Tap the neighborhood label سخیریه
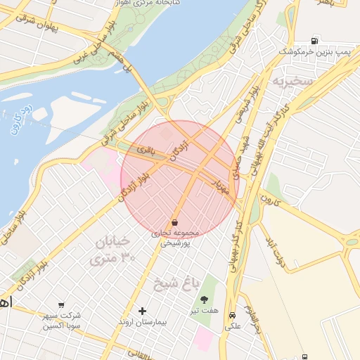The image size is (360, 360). tap(292, 80)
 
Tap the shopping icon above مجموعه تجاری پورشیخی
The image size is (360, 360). tap(174, 223)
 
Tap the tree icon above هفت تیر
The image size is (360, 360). tap(205, 300)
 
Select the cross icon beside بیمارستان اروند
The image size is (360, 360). tap(143, 311)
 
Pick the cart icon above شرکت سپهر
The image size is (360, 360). tap(62, 304)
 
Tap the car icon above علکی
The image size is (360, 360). tap(232, 316)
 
